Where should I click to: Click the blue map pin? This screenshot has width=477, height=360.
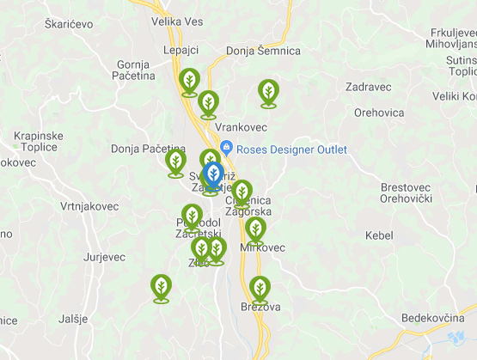(x=213, y=174)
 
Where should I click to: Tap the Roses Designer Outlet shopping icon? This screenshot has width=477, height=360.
(x=226, y=149)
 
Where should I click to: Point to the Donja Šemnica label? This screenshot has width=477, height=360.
(x=263, y=51)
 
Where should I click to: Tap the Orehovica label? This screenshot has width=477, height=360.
(x=379, y=113)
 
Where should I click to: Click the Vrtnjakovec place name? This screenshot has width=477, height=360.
(x=89, y=206)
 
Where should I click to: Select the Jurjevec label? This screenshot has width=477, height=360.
(x=105, y=257)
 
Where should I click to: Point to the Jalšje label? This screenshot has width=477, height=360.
(x=73, y=319)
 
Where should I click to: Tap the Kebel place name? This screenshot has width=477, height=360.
(x=378, y=235)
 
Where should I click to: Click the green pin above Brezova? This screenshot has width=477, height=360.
(x=260, y=288)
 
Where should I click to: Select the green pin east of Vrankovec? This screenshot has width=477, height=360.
(x=268, y=91)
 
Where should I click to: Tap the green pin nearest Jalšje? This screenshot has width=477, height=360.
(x=161, y=286)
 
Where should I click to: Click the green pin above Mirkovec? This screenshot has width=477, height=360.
(x=255, y=229)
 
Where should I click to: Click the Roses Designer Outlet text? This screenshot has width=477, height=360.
(x=291, y=149)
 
